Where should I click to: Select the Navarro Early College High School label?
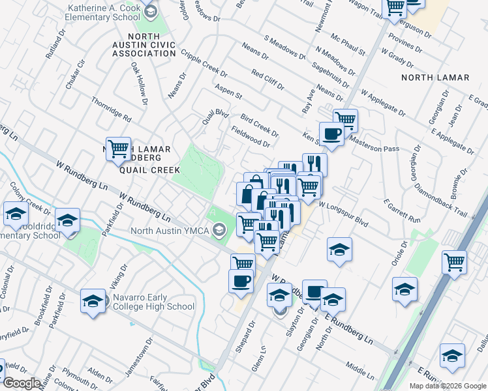coord(153,302)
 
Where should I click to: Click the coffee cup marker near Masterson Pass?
coord(331,134)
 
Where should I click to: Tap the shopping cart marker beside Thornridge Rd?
coord(118,149)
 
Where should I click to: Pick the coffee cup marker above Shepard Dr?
coord(241,282)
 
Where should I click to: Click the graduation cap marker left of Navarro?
coord(93,301)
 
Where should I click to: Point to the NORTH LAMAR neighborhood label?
coord(435,78)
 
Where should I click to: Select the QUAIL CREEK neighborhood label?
coord(149,169)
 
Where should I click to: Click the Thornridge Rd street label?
coord(112,109)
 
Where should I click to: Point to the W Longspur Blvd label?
coord(343,213)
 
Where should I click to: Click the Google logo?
coord(22,383)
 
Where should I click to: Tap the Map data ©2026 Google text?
coord(448,386)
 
